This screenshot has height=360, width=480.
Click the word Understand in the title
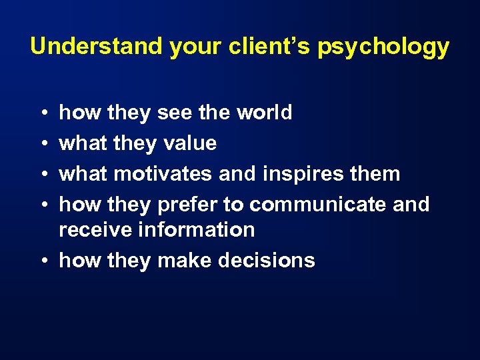pos(96,47)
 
